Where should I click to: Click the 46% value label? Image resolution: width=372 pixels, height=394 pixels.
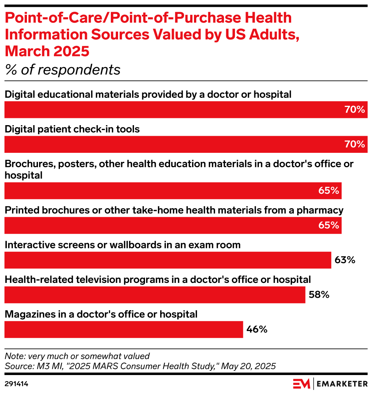pyautogui.click(x=257, y=330)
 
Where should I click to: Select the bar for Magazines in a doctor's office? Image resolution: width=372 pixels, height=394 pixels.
pyautogui.click(x=123, y=330)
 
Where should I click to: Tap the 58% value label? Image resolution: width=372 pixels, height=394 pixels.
pyautogui.click(x=318, y=295)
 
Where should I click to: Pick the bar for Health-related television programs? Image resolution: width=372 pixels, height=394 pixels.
pyautogui.click(x=154, y=295)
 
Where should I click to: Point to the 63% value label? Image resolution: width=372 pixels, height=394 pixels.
pyautogui.click(x=345, y=260)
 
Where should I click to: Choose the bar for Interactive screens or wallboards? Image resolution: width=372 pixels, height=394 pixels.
pyautogui.click(x=167, y=260)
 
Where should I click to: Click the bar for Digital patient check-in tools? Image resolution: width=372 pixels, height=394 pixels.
pyautogui.click(x=186, y=144)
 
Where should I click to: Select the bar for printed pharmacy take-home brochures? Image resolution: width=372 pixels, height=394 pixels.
pyautogui.click(x=173, y=225)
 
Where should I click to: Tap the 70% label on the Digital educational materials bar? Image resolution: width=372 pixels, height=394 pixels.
pyautogui.click(x=355, y=110)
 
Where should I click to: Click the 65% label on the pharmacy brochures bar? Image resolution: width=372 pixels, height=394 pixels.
pyautogui.click(x=329, y=225)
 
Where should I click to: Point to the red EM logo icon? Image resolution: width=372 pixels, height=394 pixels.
pyautogui.click(x=301, y=384)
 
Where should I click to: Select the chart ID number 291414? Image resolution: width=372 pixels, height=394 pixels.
pyautogui.click(x=16, y=384)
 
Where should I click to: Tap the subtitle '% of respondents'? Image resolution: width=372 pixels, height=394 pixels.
pyautogui.click(x=62, y=70)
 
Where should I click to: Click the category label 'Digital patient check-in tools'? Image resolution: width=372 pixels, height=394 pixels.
pyautogui.click(x=72, y=129)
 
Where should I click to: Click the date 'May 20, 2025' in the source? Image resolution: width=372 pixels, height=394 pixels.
pyautogui.click(x=248, y=366)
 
